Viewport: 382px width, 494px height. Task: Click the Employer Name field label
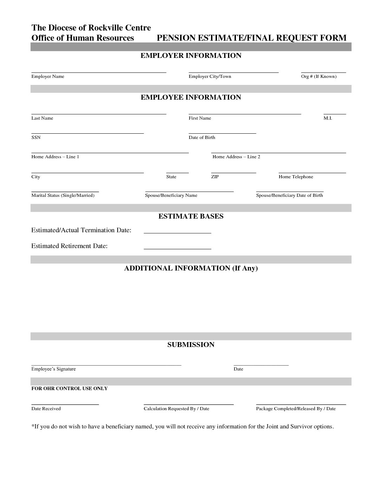coord(48,76)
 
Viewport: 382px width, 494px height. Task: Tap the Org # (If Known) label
coord(318,76)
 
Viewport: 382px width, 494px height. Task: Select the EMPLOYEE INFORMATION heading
coord(191,97)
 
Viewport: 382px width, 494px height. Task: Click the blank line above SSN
coord(87,133)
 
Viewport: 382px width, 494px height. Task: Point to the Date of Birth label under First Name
coord(202,138)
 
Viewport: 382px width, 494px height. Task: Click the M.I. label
coord(328,118)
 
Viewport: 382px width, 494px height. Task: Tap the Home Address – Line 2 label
coord(236,157)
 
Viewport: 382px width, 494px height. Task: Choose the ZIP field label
coord(215,177)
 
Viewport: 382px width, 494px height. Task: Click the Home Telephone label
coord(296,177)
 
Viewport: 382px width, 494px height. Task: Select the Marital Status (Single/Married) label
coord(63,195)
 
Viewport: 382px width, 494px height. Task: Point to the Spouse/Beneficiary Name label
coord(171,195)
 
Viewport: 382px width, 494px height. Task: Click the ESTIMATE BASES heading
coord(191,216)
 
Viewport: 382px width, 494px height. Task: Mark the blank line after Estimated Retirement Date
coord(177,248)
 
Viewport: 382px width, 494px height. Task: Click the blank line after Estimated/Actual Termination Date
coord(177,233)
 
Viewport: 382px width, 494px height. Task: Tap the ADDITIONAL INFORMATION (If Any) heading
coord(191,268)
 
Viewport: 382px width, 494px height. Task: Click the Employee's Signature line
coord(106,365)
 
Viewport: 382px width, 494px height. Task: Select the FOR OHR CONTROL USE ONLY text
coord(70,388)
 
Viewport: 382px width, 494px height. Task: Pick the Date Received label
coord(46,409)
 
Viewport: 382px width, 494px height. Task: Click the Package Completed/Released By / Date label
coord(296,409)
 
